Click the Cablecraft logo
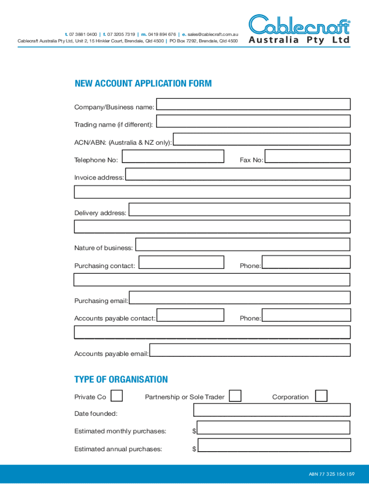coord(299,29)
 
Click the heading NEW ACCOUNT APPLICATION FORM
coord(143,83)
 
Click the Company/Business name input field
coord(253,104)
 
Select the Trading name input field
coord(253,121)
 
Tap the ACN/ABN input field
coord(261,139)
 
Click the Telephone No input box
coord(173,156)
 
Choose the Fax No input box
coord(307,156)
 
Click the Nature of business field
coord(242,245)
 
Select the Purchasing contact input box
coord(181,262)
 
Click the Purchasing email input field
coord(240,297)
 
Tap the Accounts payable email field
coord(250,350)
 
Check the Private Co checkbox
coord(116,396)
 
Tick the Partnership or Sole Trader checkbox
coord(235,396)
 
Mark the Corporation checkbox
coord(321,396)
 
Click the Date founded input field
coord(272,410)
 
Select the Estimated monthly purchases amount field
coord(274,428)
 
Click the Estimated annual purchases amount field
coord(274,445)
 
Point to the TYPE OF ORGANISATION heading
coord(121,379)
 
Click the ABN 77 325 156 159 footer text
coord(332,474)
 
